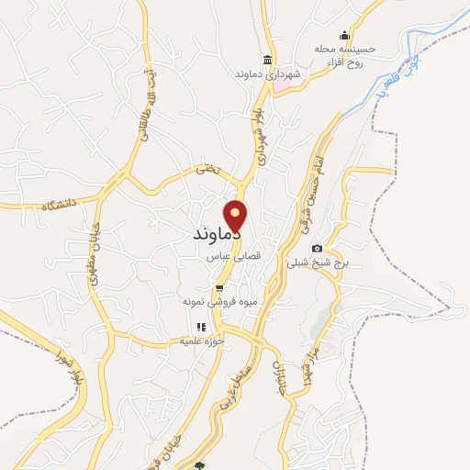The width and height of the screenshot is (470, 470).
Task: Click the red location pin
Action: click(236, 216)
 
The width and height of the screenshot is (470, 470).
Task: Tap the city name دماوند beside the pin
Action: click(217, 234)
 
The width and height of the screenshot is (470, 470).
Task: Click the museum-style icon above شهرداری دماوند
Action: click(267, 59)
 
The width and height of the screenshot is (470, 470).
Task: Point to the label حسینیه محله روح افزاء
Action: click(345, 55)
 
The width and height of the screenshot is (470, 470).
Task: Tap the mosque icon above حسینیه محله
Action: click(345, 35)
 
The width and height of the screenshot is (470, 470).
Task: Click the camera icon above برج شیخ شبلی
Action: click(318, 248)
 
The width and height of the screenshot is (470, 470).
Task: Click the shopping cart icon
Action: click(218, 287)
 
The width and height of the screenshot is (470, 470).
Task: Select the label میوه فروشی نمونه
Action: click(218, 301)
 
